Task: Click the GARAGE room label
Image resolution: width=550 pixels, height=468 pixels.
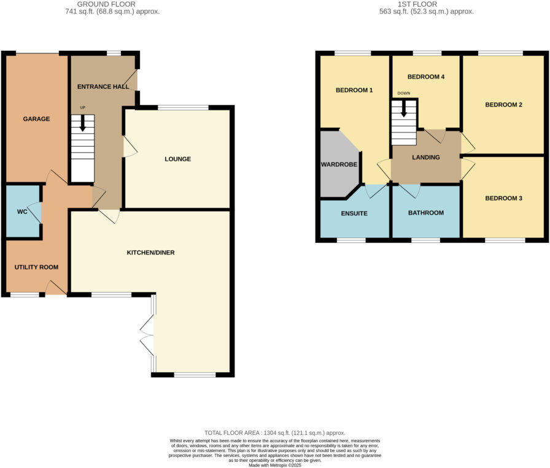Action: point(36,119)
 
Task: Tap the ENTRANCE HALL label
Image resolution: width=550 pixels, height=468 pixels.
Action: point(103,87)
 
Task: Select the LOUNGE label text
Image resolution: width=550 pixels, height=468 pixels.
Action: point(177,159)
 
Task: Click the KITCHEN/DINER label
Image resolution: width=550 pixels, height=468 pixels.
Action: point(152,253)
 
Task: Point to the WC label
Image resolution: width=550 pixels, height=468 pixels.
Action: point(22,212)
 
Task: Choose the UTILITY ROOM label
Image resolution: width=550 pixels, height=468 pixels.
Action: point(36,268)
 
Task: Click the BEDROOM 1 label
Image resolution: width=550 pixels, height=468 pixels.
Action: point(354,90)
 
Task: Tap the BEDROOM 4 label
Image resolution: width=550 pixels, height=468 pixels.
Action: point(425,77)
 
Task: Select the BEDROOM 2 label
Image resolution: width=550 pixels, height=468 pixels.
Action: point(503,105)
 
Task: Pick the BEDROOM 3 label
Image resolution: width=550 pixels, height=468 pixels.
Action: point(503,198)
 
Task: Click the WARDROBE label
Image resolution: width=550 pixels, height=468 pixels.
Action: point(339,165)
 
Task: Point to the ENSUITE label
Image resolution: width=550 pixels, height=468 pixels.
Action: point(354,213)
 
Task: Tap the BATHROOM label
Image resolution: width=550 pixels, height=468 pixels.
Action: point(426,213)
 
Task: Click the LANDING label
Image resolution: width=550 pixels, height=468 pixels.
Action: point(426,158)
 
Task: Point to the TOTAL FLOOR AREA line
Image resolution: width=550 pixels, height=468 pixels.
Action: point(275,433)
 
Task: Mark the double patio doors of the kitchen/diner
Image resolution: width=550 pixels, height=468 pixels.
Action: point(147,334)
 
